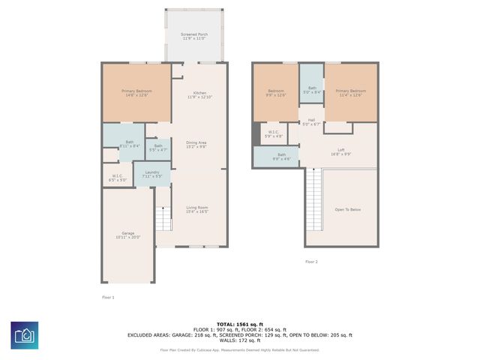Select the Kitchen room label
tap(199, 95)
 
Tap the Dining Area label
tap(196, 145)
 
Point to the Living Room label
tap(196, 209)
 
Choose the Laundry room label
tap(152, 175)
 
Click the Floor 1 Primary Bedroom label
tap(136, 93)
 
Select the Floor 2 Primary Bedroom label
tap(350, 93)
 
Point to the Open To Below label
tap(347, 209)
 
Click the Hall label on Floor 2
tap(311, 121)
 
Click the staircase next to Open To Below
tap(313, 200)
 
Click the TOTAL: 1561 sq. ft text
tap(239, 324)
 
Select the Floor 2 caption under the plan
tap(311, 262)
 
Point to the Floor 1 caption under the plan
tap(108, 297)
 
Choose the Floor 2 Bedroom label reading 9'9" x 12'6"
tap(276, 93)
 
